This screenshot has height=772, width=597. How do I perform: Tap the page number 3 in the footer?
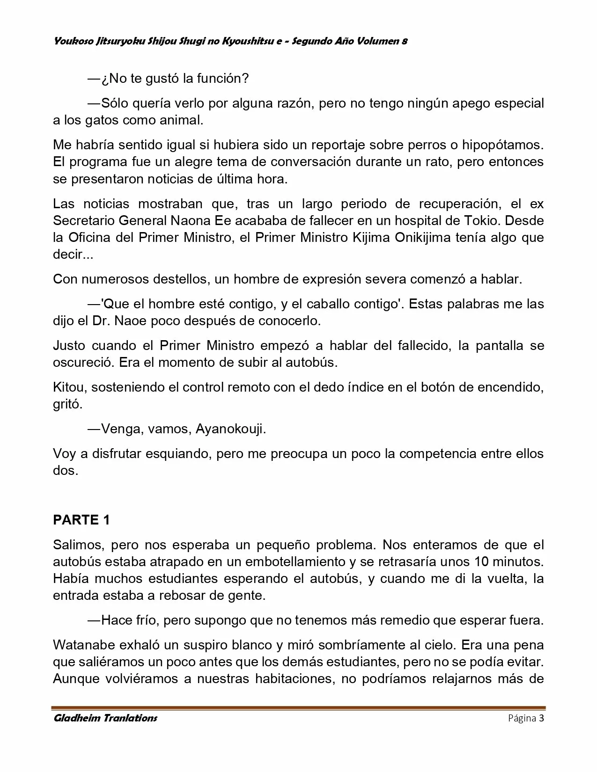[541, 718]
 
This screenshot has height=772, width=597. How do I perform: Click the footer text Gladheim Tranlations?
[105, 718]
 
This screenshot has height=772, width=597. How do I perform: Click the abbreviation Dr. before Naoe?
[118, 321]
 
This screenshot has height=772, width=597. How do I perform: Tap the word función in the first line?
[221, 79]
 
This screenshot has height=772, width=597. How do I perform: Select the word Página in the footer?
[522, 718]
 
